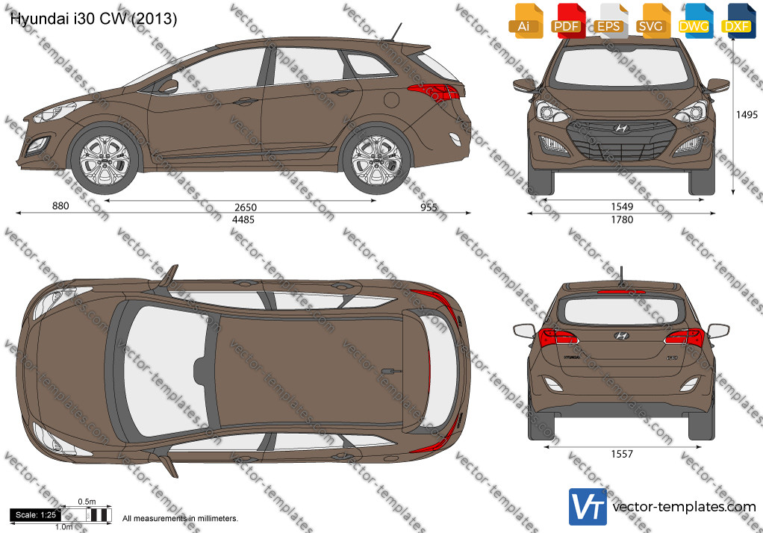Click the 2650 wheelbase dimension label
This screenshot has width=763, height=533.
click(x=245, y=208)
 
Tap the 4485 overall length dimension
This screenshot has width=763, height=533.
click(x=243, y=219)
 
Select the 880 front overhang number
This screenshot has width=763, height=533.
click(x=60, y=206)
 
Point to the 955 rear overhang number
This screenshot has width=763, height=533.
click(x=429, y=208)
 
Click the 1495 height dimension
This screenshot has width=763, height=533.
click(x=747, y=114)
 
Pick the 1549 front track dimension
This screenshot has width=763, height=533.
click(x=622, y=207)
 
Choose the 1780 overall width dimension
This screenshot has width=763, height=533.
click(x=622, y=219)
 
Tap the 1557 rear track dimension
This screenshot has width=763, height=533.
click(x=622, y=454)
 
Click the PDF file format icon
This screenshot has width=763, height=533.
click(x=567, y=21)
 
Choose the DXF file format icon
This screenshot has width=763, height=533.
click(x=737, y=21)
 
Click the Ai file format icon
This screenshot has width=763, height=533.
click(x=525, y=21)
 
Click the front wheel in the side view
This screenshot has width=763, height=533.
click(x=105, y=160)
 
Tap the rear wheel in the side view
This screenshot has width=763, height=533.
click(x=376, y=160)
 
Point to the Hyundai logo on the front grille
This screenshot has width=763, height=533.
click(x=621, y=128)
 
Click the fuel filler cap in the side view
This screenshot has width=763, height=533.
click(x=391, y=99)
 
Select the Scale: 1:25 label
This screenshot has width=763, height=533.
click(x=36, y=514)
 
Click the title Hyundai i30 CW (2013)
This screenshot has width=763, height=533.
click(x=93, y=19)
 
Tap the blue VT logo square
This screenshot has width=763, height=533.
click(x=588, y=507)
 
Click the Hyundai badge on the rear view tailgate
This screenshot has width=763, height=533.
click(x=621, y=335)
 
